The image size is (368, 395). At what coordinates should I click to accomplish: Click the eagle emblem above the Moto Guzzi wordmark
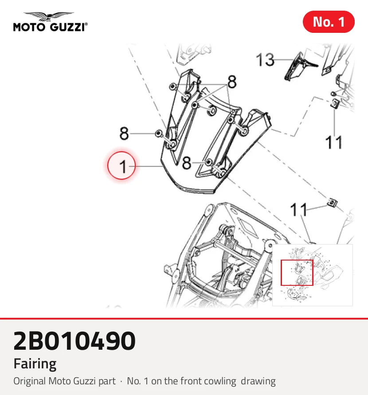(49, 16)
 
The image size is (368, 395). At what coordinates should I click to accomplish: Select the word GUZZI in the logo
(67, 27)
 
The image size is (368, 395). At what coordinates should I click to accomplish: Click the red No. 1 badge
(329, 22)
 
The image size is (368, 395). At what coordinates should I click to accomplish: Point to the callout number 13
(265, 60)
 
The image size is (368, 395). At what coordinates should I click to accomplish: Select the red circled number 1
(121, 166)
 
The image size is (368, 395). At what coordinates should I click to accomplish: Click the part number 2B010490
(74, 341)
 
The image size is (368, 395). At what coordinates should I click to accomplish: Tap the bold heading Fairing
(35, 364)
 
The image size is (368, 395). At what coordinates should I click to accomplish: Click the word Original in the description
(30, 381)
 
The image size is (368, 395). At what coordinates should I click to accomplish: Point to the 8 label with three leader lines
(232, 82)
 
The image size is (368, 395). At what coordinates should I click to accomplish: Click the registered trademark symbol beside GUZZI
(86, 24)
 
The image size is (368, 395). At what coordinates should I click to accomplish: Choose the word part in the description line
(107, 382)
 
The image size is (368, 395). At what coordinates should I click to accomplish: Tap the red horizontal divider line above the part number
(184, 319)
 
